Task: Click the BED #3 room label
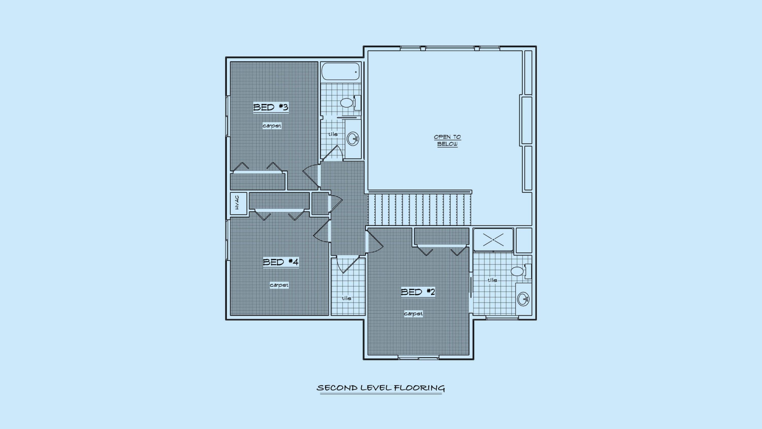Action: pos(271,107)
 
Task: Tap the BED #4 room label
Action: pos(281,262)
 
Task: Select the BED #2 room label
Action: pos(418,292)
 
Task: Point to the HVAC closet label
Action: pos(237,203)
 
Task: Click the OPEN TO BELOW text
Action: pos(447,141)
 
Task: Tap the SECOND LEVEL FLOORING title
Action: pos(381,388)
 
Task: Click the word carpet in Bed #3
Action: pos(272,126)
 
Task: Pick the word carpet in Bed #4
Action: pos(279,285)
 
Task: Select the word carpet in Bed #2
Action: pos(413,314)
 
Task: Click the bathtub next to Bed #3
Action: pos(341,71)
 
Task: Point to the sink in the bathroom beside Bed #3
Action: pos(353,139)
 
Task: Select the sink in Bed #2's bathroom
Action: pos(523,299)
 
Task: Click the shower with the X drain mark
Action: pos(493,240)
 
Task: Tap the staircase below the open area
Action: pos(420,209)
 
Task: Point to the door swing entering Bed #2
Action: pos(376,242)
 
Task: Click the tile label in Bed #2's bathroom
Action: pos(492,280)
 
